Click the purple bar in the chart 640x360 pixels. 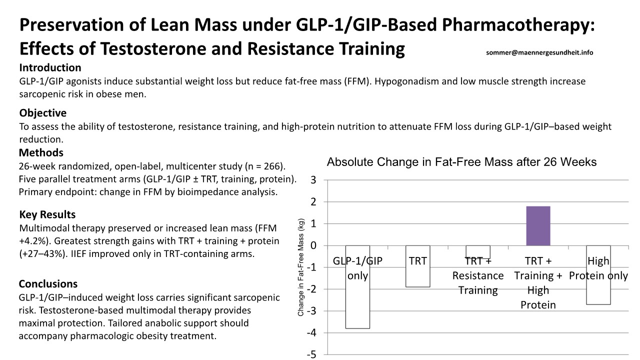click(538, 225)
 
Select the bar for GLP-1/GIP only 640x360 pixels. click(357, 300)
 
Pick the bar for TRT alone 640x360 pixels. click(417, 275)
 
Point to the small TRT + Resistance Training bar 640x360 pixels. click(477, 251)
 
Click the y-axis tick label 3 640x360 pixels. click(313, 180)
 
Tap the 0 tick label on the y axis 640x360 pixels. click(313, 245)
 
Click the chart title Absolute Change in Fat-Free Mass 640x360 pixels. click(461, 162)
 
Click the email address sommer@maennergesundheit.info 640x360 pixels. click(539, 52)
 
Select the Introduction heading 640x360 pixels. click(50, 67)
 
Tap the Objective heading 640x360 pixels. click(42, 113)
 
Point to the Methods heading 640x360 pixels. click(41, 152)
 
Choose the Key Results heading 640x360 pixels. click(47, 214)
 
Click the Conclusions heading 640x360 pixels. click(48, 284)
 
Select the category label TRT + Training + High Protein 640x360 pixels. click(538, 282)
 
